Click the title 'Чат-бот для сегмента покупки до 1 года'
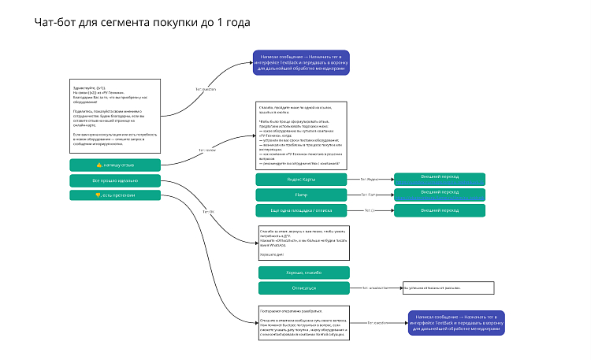(x=142, y=23)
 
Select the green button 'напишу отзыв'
(x=115, y=165)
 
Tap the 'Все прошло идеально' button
(x=115, y=180)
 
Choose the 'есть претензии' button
(x=115, y=195)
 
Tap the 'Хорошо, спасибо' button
(x=303, y=273)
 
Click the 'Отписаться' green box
(x=303, y=288)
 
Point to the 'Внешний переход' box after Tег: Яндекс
(x=439, y=178)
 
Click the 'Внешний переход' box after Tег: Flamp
(x=439, y=193)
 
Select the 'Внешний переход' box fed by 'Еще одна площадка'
(x=439, y=210)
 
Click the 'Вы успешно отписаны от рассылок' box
(x=448, y=288)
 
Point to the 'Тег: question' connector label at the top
(x=206, y=89)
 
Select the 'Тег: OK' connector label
(x=208, y=212)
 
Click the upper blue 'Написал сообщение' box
(x=301, y=65)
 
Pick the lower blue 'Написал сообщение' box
(x=457, y=321)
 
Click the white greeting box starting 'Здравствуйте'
(x=115, y=116)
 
